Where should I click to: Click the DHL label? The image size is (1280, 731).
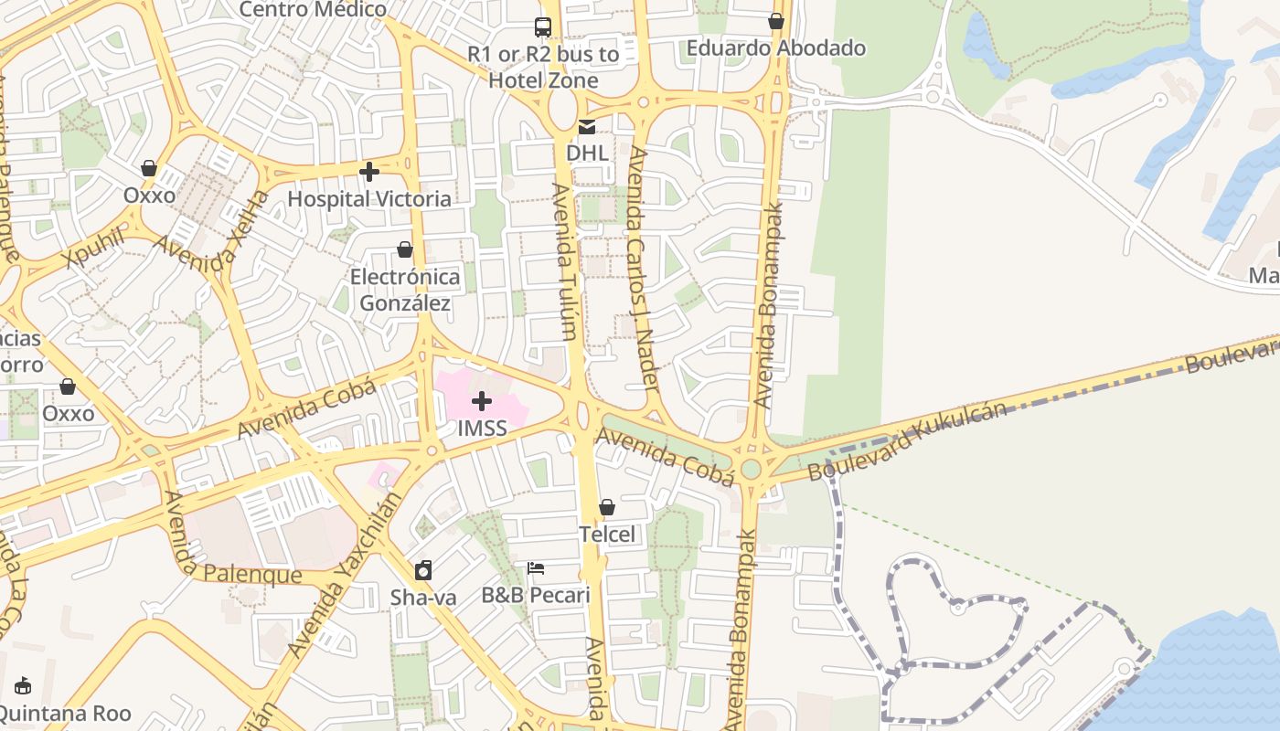tap(587, 153)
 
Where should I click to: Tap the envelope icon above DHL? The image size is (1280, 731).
tap(587, 127)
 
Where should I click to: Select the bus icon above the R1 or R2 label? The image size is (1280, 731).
tap(543, 26)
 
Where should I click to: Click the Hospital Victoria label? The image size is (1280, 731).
tap(369, 198)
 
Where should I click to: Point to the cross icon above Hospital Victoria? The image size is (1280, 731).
tap(369, 172)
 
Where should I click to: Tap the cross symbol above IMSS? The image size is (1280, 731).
tap(482, 401)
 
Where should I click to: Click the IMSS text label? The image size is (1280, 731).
tap(482, 428)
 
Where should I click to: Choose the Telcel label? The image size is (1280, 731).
tap(607, 534)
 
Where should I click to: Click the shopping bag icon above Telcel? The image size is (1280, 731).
tap(607, 507)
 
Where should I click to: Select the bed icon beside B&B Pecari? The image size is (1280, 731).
tap(536, 568)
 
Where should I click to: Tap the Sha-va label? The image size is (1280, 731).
tap(423, 598)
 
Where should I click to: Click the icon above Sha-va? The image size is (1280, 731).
tap(423, 571)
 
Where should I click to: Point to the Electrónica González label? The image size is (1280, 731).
tap(405, 289)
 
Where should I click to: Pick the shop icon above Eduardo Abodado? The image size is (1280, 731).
tap(776, 21)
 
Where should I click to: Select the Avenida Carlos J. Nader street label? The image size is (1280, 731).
tap(644, 270)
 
